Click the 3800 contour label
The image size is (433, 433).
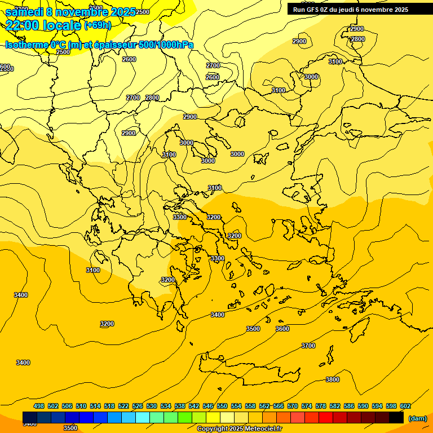click(333, 379)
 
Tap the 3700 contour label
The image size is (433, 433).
click(308, 346)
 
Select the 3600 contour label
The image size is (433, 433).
click(282, 329)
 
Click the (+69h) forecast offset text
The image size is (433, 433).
click(98, 25)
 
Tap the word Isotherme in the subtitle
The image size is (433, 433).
click(26, 45)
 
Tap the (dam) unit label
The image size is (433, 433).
click(417, 418)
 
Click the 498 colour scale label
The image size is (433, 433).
click(39, 406)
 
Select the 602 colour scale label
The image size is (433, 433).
click(405, 406)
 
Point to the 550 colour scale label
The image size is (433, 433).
click(222, 406)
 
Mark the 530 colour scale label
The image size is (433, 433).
click(152, 406)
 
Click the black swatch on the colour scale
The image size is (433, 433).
click(396, 418)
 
